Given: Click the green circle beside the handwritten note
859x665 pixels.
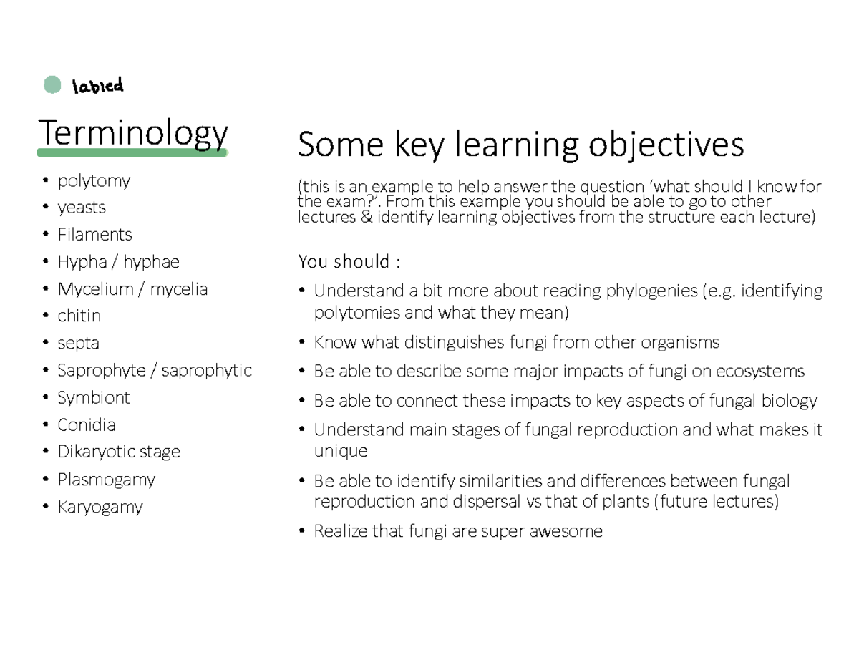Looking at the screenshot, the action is coord(52,84).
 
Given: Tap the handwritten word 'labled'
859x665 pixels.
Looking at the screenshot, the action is coord(97,85).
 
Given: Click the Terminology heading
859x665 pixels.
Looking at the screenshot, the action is coord(133,134).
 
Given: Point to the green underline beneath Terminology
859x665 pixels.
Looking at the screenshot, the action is coord(132,152).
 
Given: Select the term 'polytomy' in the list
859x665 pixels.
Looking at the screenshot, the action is coord(94,181).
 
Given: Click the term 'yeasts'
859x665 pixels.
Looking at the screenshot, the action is coord(82,208).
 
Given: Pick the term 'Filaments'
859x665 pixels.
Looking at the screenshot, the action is coord(95,234).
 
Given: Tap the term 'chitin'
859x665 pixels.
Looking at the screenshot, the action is coord(79,316).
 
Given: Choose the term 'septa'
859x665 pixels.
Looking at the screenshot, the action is coord(78,344).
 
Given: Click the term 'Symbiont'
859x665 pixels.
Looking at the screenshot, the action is coord(94,398).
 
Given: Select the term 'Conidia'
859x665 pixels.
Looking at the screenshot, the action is coord(87,425).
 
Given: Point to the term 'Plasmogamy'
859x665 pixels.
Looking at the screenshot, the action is coord(107,480).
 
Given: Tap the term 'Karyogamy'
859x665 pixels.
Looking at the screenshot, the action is coord(100,508).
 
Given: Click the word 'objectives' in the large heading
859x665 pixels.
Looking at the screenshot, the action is coord(666,145).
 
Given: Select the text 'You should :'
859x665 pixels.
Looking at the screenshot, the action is coord(349,261).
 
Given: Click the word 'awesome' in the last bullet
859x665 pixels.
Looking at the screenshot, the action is coord(566,531).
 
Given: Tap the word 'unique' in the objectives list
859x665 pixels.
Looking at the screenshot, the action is coord(341,451).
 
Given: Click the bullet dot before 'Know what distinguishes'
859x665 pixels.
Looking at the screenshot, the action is coord(302,341).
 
